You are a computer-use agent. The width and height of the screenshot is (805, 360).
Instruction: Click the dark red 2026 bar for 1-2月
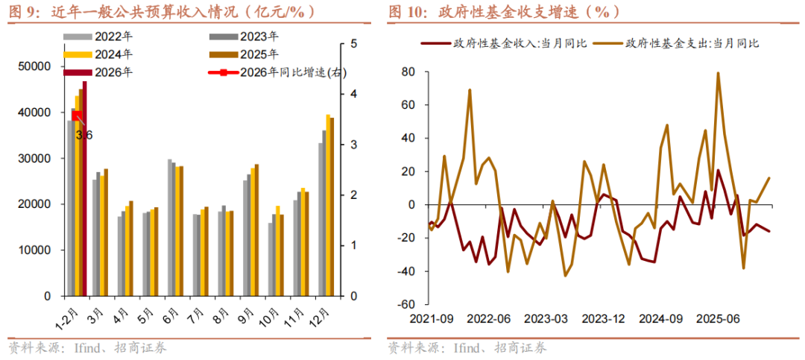tap(85, 186)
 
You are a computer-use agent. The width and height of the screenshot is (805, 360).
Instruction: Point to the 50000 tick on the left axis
tap(34, 67)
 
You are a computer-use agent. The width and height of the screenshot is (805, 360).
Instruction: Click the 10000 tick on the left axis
tap(34, 250)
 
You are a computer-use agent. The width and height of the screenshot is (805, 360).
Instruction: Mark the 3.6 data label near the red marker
tap(83, 135)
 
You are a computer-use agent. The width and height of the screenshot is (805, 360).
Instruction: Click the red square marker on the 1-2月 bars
tap(77, 115)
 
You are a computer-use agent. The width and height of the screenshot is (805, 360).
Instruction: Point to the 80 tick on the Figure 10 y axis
tap(408, 72)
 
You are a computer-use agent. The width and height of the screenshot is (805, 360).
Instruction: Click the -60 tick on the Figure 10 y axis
tap(407, 305)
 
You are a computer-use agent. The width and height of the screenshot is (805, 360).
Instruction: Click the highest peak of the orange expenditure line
tap(718, 73)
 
